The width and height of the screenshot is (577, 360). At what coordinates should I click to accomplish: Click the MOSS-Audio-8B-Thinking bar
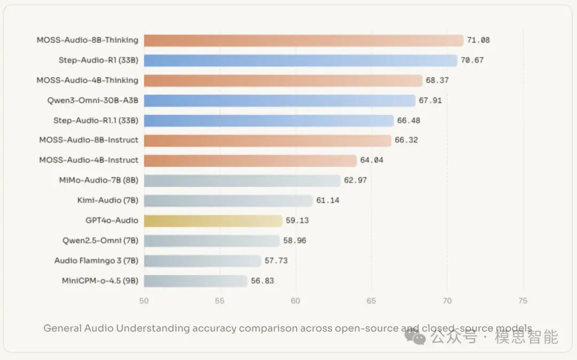point(303,40)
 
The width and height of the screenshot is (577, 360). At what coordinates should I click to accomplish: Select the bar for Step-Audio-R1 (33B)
point(300,60)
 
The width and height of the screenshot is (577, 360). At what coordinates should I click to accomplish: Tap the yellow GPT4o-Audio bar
point(213,221)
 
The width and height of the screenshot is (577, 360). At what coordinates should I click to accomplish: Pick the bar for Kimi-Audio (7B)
point(228,200)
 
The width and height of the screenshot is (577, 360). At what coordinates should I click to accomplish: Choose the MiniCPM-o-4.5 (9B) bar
point(196,280)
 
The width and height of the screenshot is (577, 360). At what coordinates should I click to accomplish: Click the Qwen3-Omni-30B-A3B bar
point(279,100)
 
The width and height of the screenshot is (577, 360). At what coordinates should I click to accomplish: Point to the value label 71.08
point(478,40)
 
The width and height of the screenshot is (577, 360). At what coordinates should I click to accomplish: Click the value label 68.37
point(438,80)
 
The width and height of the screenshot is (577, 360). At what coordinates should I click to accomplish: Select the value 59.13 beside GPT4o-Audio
point(297,221)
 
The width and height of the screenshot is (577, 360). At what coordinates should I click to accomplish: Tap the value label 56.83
point(262,280)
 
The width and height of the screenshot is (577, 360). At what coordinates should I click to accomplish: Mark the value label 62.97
point(355,181)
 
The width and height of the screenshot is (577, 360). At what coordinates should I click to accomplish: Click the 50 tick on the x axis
point(144,301)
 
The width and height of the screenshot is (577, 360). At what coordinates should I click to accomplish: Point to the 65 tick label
point(371,301)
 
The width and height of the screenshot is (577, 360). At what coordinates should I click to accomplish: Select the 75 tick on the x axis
point(523,301)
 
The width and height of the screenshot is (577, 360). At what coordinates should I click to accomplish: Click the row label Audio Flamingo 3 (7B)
point(96,261)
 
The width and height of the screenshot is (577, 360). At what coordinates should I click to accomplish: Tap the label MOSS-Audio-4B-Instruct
point(89,160)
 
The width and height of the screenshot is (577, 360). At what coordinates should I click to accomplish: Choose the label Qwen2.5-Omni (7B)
point(100,240)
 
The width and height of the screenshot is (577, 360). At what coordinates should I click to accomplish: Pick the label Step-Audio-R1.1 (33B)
point(96,120)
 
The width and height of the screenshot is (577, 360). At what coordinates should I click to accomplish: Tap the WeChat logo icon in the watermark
point(415,336)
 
